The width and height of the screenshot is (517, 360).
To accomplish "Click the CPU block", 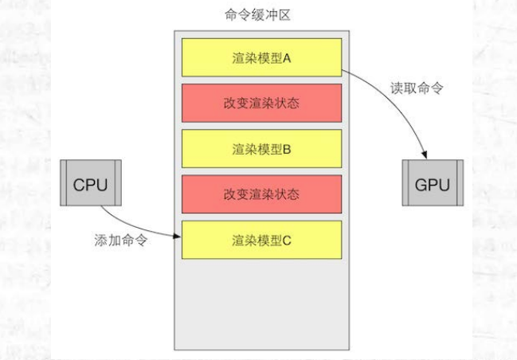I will [x=90, y=185].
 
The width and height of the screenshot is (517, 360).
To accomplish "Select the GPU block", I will [x=433, y=185].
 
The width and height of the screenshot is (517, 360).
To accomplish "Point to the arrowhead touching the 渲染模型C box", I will [x=177, y=235].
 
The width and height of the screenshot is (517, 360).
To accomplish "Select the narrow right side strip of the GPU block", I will [x=457, y=185].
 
